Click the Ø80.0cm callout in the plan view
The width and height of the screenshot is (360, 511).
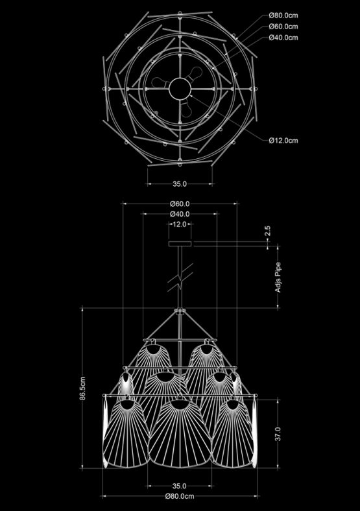tap(283, 16)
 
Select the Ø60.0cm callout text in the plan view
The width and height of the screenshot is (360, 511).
tap(283, 27)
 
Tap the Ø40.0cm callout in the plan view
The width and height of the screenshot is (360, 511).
tap(283, 38)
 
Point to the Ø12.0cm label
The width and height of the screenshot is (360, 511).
tap(283, 141)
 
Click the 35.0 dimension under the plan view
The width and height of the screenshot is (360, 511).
tap(180, 184)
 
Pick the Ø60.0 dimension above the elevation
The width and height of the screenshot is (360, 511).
tap(180, 204)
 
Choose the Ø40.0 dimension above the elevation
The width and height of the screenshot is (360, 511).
tap(180, 214)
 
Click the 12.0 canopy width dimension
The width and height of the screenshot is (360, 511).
tap(180, 224)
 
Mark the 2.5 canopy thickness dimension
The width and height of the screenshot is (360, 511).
tap(267, 231)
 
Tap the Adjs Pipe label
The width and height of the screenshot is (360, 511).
tap(278, 277)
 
